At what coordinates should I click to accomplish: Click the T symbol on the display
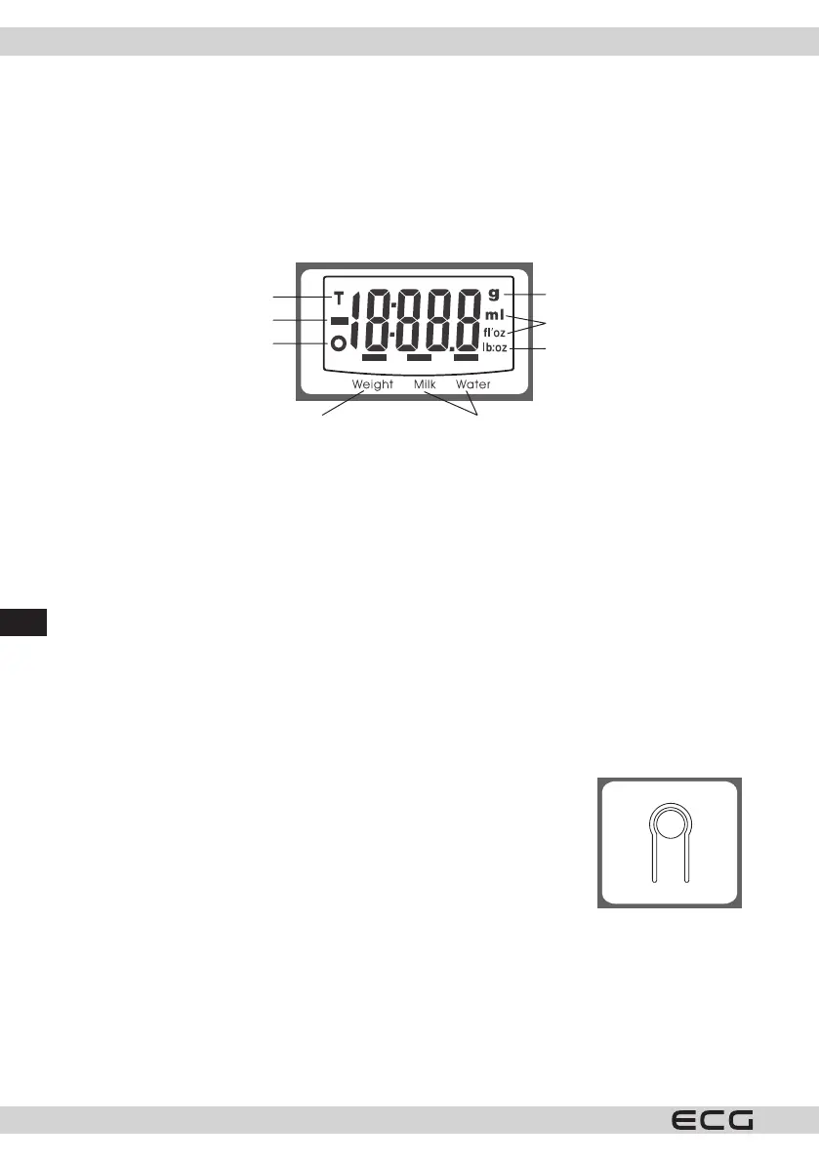pyautogui.click(x=339, y=297)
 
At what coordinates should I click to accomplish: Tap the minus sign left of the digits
pyautogui.click(x=339, y=320)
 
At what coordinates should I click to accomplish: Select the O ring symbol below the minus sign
pyautogui.click(x=339, y=343)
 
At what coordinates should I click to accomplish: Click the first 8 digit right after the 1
pyautogui.click(x=378, y=322)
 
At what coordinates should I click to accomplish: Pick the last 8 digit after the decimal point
pyautogui.click(x=467, y=322)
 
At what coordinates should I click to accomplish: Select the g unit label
pyautogui.click(x=494, y=293)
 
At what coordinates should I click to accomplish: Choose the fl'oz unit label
pyautogui.click(x=494, y=332)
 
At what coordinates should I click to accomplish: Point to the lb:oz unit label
pyautogui.click(x=494, y=348)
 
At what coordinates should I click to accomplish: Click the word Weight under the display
pyautogui.click(x=373, y=384)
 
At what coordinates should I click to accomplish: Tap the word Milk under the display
pyautogui.click(x=425, y=384)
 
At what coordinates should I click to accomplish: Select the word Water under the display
pyautogui.click(x=473, y=384)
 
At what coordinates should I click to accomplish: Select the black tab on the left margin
pyautogui.click(x=23, y=622)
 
